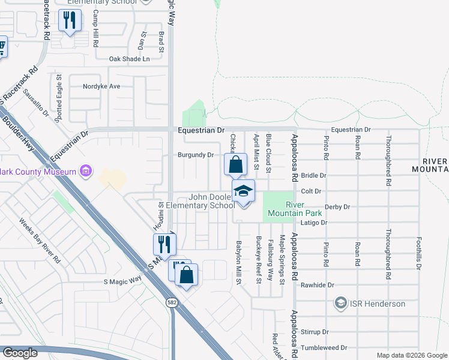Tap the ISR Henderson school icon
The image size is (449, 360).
click(x=341, y=303)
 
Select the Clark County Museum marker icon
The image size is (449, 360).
click(x=86, y=172)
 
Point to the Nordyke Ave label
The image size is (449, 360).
click(x=101, y=86)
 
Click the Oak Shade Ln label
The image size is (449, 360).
click(x=129, y=59)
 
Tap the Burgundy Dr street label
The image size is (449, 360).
click(x=196, y=155)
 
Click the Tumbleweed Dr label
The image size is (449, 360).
click(x=324, y=347)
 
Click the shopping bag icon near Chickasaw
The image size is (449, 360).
click(x=236, y=164)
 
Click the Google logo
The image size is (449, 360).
click(x=20, y=353)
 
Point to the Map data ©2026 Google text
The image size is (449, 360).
click(x=411, y=355)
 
